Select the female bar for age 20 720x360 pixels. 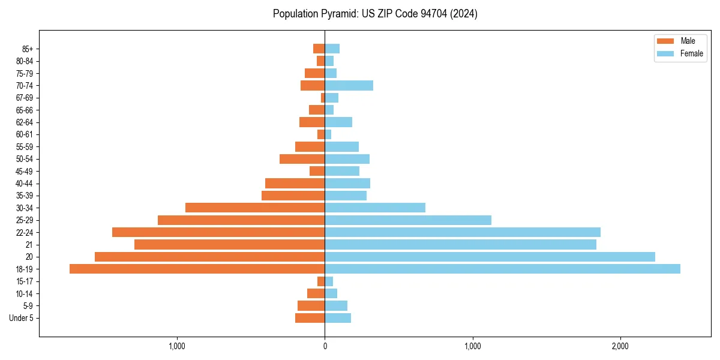pos(490,257)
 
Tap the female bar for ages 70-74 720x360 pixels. pos(349,85)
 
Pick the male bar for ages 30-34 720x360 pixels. pos(255,208)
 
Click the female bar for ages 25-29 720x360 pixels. pos(408,220)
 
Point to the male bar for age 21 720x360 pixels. pos(229,245)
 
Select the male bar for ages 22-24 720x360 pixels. pos(218,232)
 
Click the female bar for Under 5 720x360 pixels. pos(338,318)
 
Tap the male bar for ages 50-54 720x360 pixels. pos(302,159)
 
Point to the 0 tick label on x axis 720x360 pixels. pos(325,346)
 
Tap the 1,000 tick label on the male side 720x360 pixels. pos(177,346)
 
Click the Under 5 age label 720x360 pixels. pos(21,318)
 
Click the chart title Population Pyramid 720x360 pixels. pos(375,14)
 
